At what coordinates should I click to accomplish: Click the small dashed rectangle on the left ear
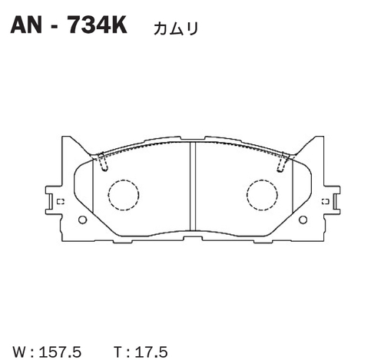tap(60, 202)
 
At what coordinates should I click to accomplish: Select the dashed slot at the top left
tap(101, 162)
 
